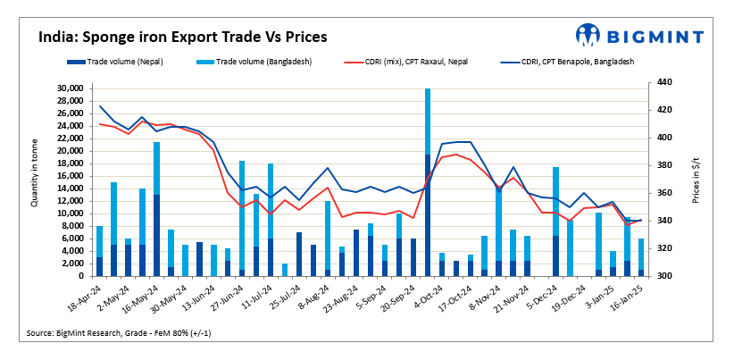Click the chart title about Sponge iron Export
click(182, 38)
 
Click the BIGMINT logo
click(639, 35)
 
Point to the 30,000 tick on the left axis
click(69, 88)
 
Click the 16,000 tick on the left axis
click(69, 176)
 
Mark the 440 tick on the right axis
click(655, 82)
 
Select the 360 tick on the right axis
click(655, 193)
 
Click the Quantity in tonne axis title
click(36, 179)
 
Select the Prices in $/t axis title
click(680, 179)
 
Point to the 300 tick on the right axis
click(655, 276)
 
